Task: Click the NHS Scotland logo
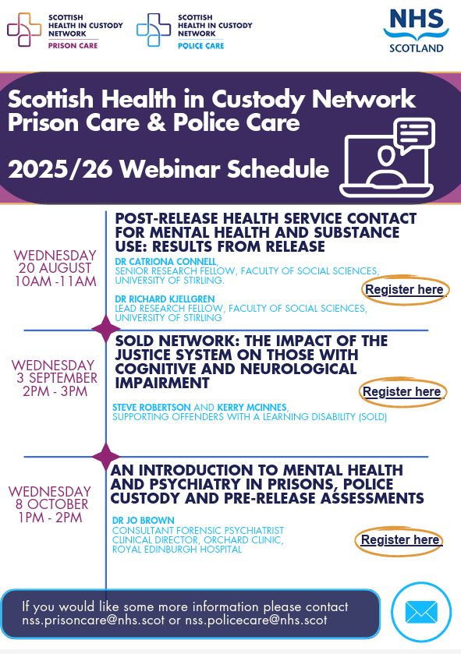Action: pyautogui.click(x=416, y=31)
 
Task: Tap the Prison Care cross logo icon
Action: pyautogui.click(x=24, y=29)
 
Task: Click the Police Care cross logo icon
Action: pyautogui.click(x=154, y=29)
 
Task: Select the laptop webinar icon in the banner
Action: pyautogui.click(x=387, y=157)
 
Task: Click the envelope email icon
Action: pyautogui.click(x=421, y=612)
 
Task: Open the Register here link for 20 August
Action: pyautogui.click(x=404, y=289)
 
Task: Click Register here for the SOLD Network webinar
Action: pyautogui.click(x=402, y=391)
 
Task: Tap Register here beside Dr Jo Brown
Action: pyautogui.click(x=400, y=539)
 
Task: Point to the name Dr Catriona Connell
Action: pyautogui.click(x=165, y=261)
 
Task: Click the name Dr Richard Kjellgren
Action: pyautogui.click(x=165, y=299)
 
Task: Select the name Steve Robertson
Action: pyautogui.click(x=151, y=407)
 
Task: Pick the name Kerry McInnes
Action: pyautogui.click(x=252, y=407)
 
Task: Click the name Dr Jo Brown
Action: pyautogui.click(x=143, y=521)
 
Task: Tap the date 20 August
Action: pyautogui.click(x=55, y=268)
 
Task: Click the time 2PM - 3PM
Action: pyautogui.click(x=55, y=391)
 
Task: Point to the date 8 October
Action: pyautogui.click(x=51, y=504)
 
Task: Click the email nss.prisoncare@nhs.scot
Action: pyautogui.click(x=94, y=620)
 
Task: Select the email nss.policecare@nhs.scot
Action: pyautogui.click(x=256, y=620)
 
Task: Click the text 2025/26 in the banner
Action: pyautogui.click(x=61, y=169)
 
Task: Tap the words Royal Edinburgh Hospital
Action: pyautogui.click(x=177, y=550)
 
